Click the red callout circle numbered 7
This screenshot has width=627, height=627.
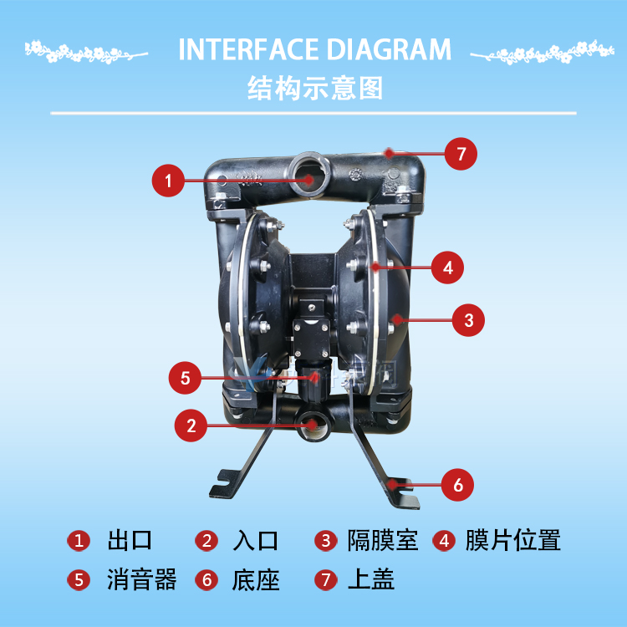[x=461, y=154]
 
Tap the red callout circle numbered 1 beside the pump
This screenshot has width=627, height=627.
[x=168, y=181]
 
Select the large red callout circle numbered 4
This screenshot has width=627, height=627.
[x=447, y=268]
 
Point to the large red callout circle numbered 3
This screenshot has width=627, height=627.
[x=468, y=320]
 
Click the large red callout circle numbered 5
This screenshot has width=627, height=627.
[x=185, y=378]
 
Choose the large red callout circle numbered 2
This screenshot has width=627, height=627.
[x=191, y=426]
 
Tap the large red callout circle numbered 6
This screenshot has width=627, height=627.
[x=457, y=485]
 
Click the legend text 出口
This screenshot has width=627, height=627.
[x=130, y=540]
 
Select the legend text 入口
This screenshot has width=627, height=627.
[x=255, y=540]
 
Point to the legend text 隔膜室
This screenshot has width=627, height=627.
[x=383, y=540]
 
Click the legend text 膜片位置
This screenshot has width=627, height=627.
[x=513, y=540]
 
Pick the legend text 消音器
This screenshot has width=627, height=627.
[x=141, y=579]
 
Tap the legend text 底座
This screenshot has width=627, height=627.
[x=256, y=579]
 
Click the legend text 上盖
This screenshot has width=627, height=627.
[x=371, y=579]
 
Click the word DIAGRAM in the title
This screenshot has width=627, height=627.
[x=389, y=49]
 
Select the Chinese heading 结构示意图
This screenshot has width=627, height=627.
[x=315, y=88]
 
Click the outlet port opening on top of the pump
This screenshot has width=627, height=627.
[x=309, y=175]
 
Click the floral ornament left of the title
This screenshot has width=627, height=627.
[x=86, y=52]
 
